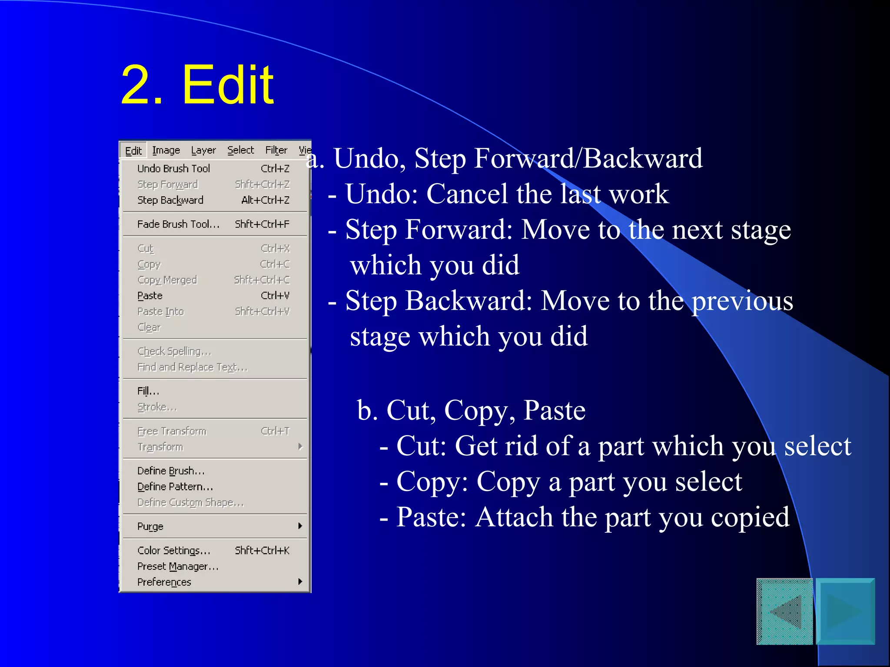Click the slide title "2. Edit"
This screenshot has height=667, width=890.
coord(197,84)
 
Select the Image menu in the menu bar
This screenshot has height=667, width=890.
coord(166,150)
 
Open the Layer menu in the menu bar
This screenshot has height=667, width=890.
coord(203,150)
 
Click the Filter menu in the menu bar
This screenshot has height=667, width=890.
coord(276,150)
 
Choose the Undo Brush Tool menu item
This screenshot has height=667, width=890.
coord(173,168)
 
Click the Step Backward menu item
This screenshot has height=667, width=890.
coord(170,200)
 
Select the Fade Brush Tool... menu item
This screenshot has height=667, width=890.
coord(178,224)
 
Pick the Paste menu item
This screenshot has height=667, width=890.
coord(150,296)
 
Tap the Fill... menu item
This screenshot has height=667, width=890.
coord(148,391)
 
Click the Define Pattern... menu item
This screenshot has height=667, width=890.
coord(175,487)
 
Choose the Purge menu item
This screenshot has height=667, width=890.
coord(150,526)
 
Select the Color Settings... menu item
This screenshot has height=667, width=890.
coord(174,551)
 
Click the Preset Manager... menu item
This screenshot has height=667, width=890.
coord(178,566)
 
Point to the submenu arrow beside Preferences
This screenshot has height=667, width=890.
coord(300,582)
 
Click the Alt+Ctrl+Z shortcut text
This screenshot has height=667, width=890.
coord(265,200)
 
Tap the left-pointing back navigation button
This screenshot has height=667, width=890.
coord(785,611)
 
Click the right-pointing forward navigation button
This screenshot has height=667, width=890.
coord(845,611)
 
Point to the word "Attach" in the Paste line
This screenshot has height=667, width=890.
coord(514,517)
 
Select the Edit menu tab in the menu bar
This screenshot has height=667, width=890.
coord(133,151)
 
